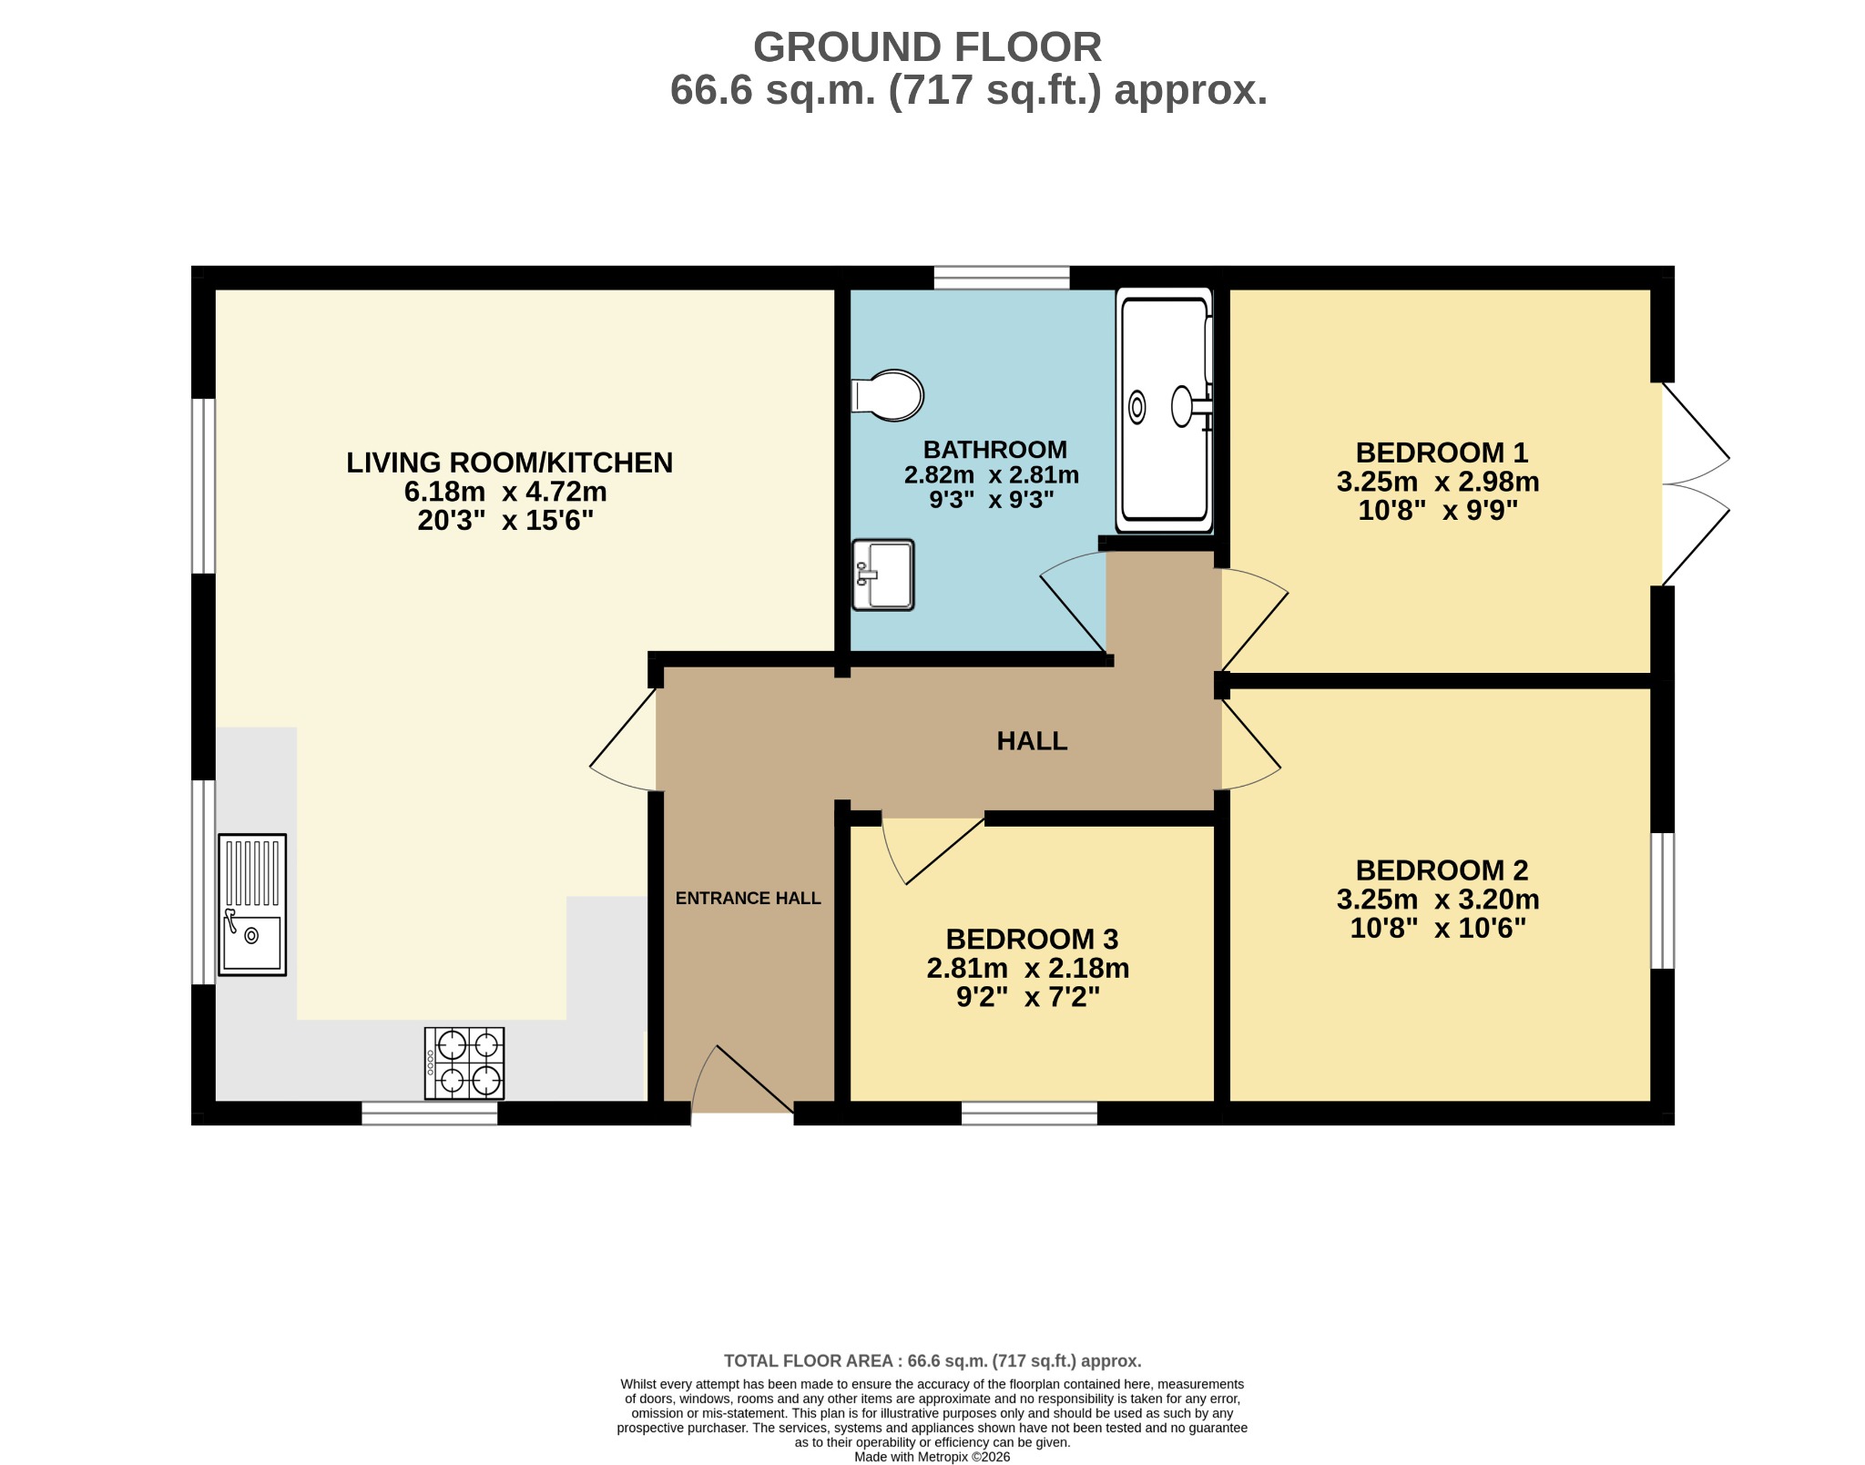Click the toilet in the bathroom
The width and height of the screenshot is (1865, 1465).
887,395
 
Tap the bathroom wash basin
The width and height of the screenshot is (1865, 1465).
882,575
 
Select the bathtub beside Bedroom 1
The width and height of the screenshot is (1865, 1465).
1165,410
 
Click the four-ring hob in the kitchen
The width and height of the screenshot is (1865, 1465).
464,1063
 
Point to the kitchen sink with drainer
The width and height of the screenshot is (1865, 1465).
252,905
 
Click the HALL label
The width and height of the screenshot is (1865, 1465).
1032,741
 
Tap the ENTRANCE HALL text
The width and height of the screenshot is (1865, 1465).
749,899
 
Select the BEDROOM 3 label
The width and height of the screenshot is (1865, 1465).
1032,939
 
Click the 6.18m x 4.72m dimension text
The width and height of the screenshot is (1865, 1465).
505,492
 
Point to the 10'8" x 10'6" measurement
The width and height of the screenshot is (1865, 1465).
1438,928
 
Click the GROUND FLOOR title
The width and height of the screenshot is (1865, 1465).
927,47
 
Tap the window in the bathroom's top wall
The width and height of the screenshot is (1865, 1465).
1002,277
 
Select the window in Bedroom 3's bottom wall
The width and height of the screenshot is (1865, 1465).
1029,1113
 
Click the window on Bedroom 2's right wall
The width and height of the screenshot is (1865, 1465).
1663,900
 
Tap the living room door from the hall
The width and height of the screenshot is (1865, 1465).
623,739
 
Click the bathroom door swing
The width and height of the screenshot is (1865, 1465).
1074,603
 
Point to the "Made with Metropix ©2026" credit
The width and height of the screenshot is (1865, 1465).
932,1457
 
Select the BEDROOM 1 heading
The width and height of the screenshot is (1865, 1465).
1442,453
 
